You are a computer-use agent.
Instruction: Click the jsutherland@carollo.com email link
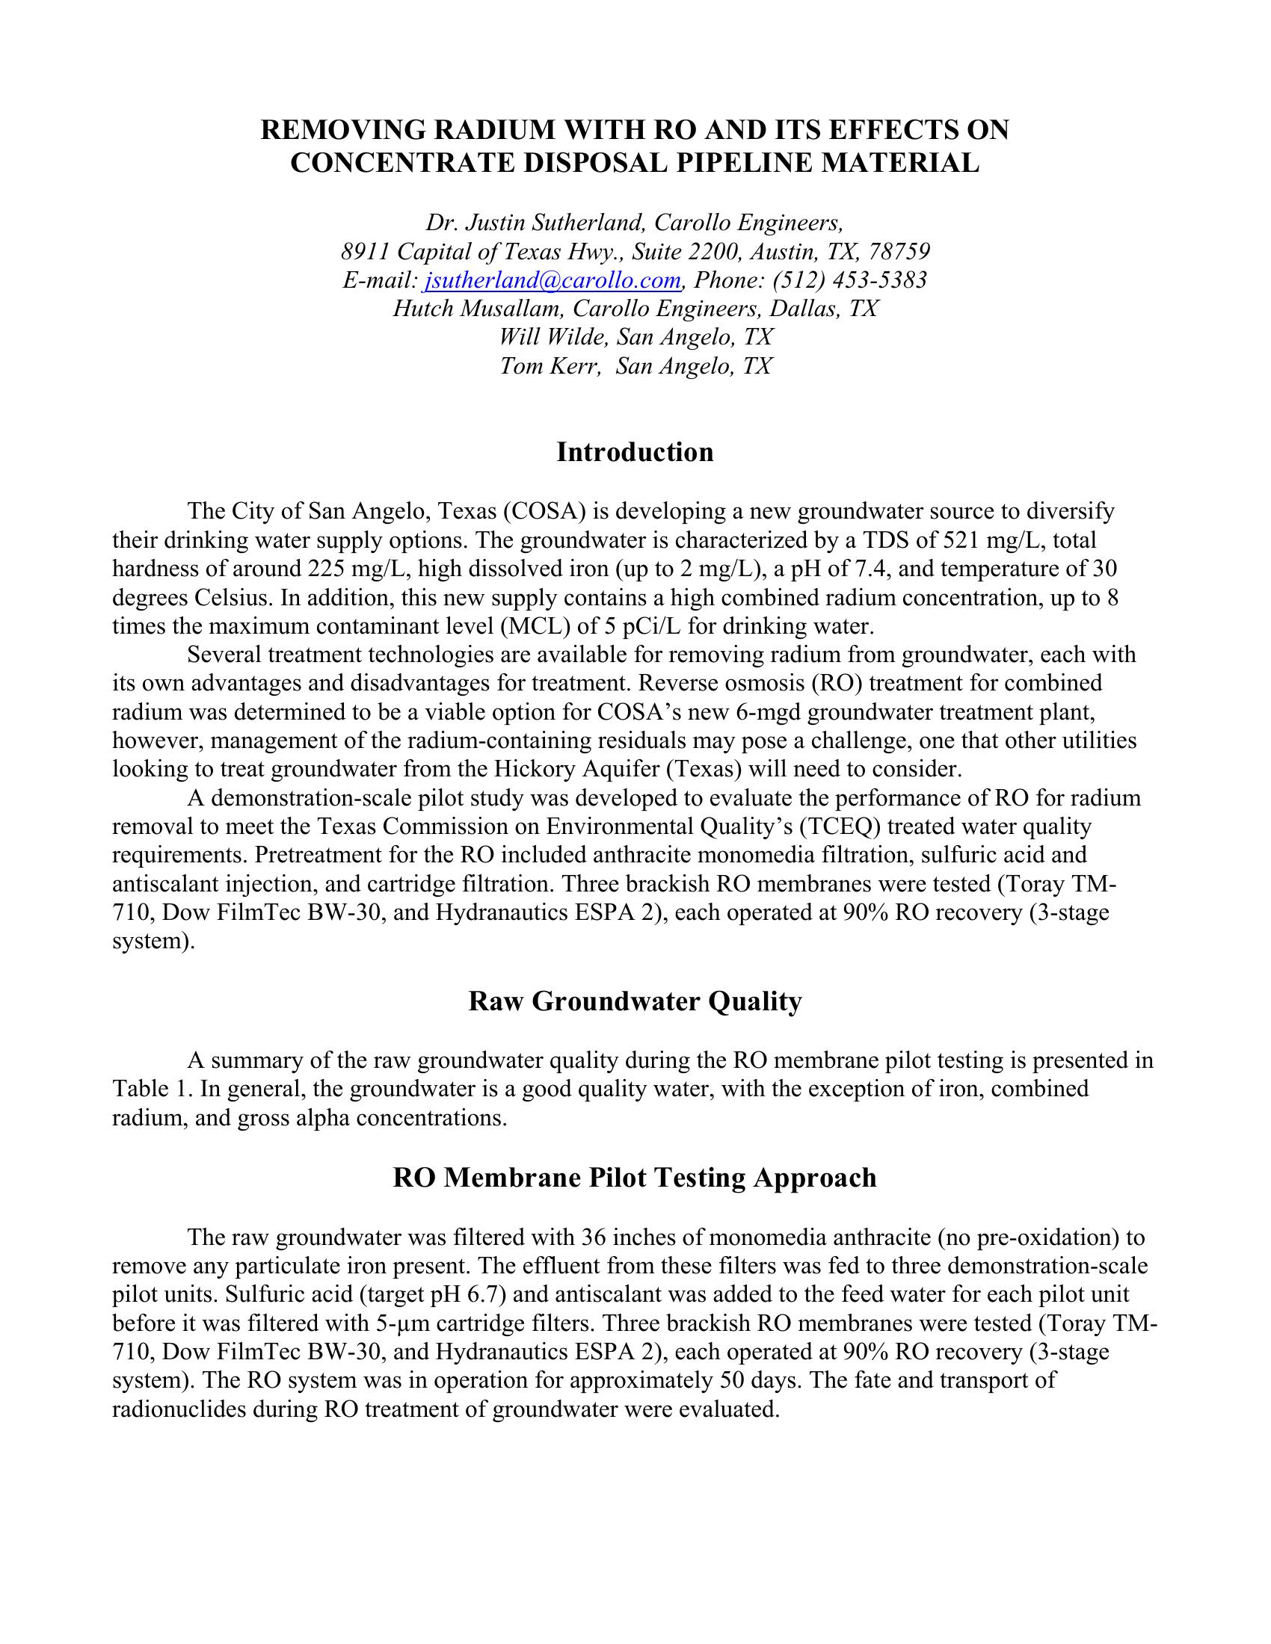553,280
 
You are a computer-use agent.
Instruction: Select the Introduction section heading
635,451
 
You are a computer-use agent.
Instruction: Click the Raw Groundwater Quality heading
635,1001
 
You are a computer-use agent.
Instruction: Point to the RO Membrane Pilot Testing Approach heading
635,1177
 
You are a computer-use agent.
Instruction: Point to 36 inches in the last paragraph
628,1237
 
